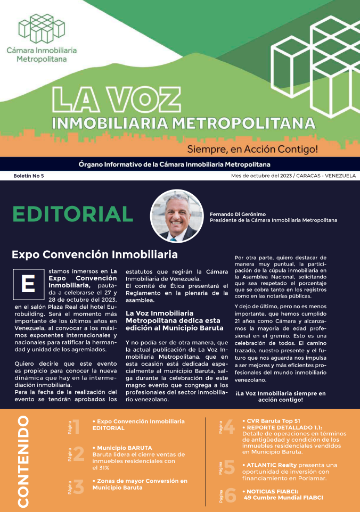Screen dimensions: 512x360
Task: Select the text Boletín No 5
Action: click(29, 176)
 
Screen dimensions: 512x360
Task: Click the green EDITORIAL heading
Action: click(72, 214)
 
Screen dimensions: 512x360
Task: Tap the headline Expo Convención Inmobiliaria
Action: click(94, 254)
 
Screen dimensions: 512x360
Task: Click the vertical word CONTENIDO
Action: click(23, 461)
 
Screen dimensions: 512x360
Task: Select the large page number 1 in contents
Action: click(76, 427)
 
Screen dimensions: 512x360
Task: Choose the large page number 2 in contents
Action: click(78, 454)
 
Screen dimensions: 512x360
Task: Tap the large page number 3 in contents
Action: click(78, 487)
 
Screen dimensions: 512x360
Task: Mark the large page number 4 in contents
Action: click(229, 427)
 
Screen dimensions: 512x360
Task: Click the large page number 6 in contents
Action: click(230, 495)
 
